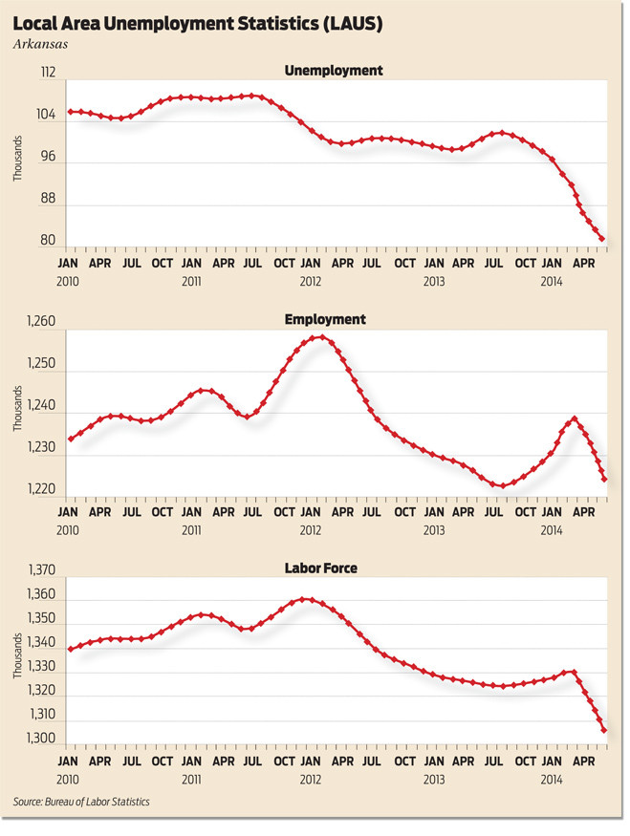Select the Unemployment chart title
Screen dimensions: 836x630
click(x=334, y=71)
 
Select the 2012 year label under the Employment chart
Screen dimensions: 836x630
click(x=310, y=529)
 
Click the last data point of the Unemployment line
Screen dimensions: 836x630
click(x=602, y=239)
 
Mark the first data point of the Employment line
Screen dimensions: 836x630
click(x=70, y=439)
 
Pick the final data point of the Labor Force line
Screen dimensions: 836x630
click(x=602, y=731)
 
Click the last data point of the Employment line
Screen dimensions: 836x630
click(x=603, y=479)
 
